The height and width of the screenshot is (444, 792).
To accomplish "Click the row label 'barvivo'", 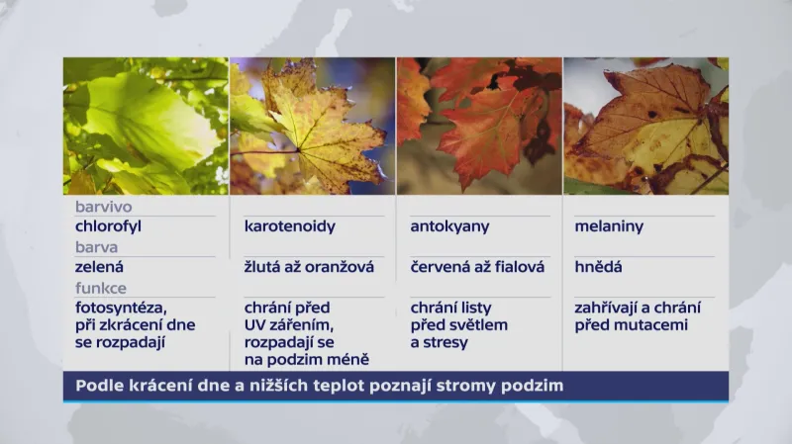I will tap(103, 208).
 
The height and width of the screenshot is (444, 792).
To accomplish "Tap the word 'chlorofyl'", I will tap(110, 226).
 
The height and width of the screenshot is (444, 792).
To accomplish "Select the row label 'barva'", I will tap(96, 248).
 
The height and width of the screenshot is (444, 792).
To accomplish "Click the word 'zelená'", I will tap(100, 267).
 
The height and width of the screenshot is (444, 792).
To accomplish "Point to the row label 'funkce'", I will tap(101, 288).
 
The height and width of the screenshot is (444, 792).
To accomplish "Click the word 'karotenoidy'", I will tap(288, 226).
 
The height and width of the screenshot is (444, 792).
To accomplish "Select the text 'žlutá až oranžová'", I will tap(308, 267).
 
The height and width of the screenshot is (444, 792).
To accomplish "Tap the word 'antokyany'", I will tap(449, 226).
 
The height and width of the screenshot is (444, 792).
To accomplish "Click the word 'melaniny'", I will tap(609, 226).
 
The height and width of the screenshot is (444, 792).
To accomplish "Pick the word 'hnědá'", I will tap(598, 267).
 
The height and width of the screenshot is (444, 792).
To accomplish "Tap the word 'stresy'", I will tap(446, 342).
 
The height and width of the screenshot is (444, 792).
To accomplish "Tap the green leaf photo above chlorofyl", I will tap(146, 126).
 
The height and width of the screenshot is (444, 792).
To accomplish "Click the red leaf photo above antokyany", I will tap(479, 126).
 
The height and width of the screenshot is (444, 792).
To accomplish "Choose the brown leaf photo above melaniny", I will tap(645, 126).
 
